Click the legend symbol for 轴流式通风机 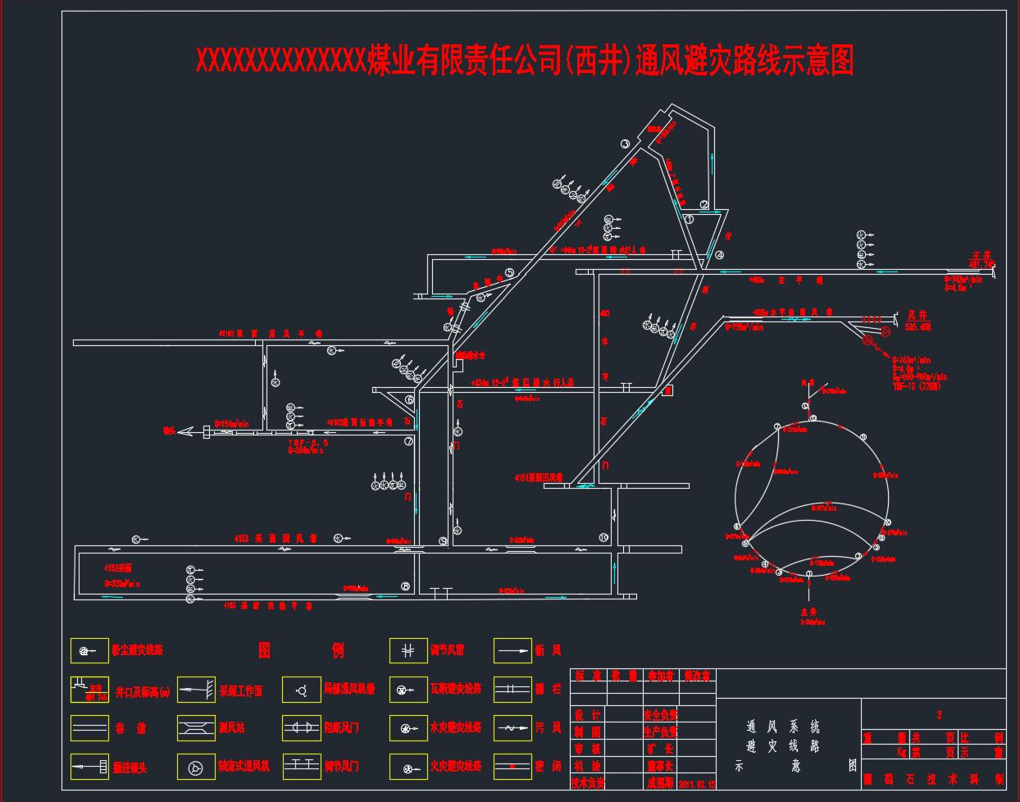[196, 767]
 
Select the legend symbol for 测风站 [196, 727]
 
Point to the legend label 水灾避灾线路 [455, 727]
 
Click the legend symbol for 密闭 [512, 767]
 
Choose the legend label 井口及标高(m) [143, 691]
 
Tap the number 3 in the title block [939, 715]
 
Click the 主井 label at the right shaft [981, 256]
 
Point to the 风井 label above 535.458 [917, 315]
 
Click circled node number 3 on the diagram [625, 144]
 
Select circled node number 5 [509, 273]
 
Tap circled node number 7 [408, 441]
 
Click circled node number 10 [603, 538]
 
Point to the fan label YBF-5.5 [308, 442]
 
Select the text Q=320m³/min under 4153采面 [122, 583]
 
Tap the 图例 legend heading [301, 650]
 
